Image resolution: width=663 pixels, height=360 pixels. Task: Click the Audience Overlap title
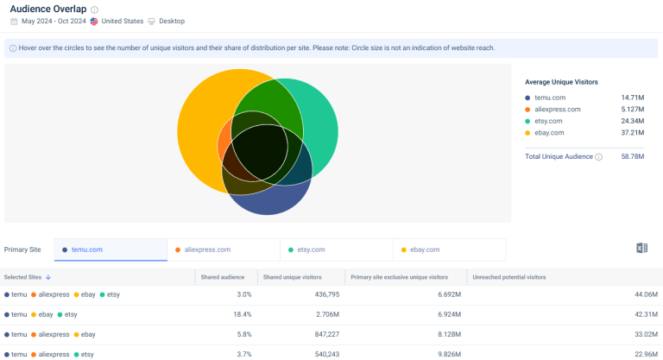pyautogui.click(x=48, y=9)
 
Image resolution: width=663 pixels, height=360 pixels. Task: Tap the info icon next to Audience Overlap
pyautogui.click(x=95, y=9)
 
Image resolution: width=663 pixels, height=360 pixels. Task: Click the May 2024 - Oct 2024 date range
pyautogui.click(x=54, y=21)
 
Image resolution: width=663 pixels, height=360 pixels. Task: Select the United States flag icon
pyautogui.click(x=94, y=21)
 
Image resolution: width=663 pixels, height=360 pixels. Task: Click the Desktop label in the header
pyautogui.click(x=172, y=21)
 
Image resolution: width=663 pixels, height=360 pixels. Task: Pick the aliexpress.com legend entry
pyautogui.click(x=557, y=110)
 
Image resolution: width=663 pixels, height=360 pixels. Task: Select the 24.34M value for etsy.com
pyautogui.click(x=632, y=121)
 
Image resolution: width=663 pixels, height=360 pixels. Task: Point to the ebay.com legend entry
pyautogui.click(x=549, y=133)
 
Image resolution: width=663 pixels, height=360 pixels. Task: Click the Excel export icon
pyautogui.click(x=641, y=249)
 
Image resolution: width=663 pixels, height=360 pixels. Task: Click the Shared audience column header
pyautogui.click(x=223, y=277)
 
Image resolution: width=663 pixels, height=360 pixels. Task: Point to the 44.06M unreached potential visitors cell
pyautogui.click(x=645, y=294)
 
